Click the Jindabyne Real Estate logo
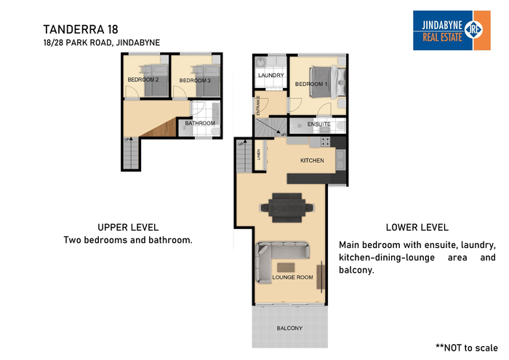(452, 31)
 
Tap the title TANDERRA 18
(81, 30)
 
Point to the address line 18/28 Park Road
(102, 42)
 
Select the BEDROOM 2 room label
(143, 79)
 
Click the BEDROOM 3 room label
(195, 81)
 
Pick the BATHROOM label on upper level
(200, 124)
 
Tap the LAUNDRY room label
(271, 76)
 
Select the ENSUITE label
(318, 124)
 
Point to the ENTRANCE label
(258, 105)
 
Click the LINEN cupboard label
(259, 154)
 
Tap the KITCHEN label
(312, 160)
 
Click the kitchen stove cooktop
(326, 142)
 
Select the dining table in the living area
(286, 208)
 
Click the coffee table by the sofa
(286, 268)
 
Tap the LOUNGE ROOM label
(292, 277)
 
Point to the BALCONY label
(289, 328)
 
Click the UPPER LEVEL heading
(128, 227)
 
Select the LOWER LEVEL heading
(417, 227)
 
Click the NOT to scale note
(467, 348)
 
